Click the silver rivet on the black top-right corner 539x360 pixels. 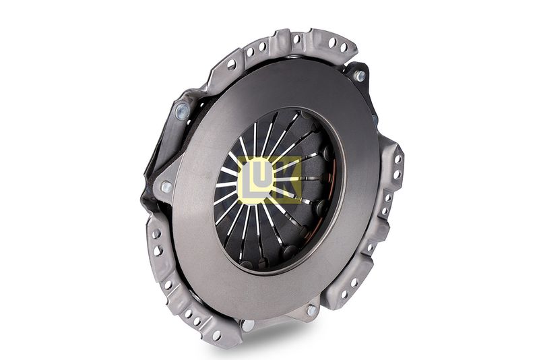360,76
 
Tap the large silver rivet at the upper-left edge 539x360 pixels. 182,111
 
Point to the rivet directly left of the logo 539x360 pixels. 166,187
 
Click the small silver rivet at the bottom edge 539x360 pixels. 312,311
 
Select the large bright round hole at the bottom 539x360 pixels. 248,325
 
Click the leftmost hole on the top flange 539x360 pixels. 231,64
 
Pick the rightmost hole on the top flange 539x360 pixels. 343,47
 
